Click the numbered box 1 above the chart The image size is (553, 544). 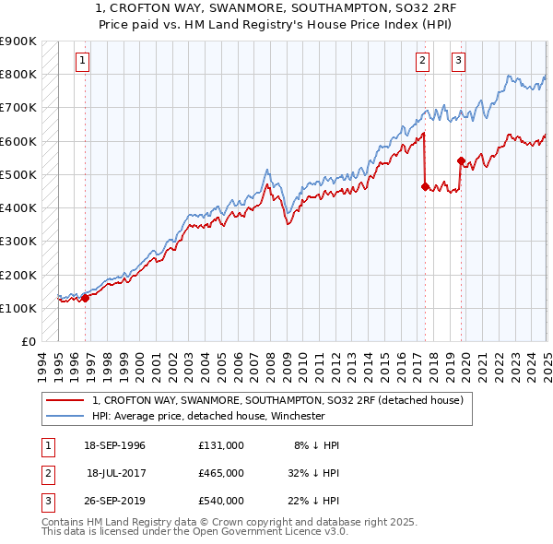pos(82,62)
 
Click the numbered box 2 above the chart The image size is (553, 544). pos(422,62)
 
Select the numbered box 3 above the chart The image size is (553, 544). pos(458,62)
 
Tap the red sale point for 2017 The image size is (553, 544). pos(425,186)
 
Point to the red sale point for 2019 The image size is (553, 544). pos(460,160)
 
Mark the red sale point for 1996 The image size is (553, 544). pos(85,298)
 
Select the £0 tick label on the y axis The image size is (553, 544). pos(29,342)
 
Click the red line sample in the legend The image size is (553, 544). pos(65,400)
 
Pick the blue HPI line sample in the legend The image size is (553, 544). pos(65,416)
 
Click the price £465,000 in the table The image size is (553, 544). pos(220,473)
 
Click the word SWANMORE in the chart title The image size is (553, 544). pos(214,7)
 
